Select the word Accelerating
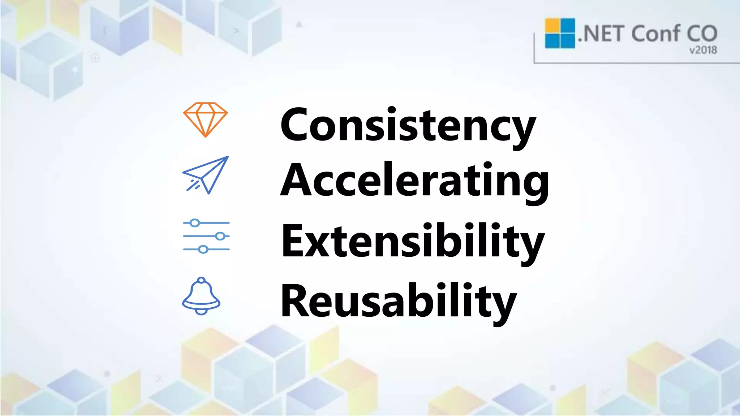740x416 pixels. (x=414, y=181)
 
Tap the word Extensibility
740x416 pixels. (x=413, y=241)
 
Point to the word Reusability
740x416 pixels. (x=398, y=301)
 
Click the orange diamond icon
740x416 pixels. (x=205, y=119)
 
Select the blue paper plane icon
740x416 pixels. (x=206, y=175)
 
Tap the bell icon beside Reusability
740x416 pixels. (x=201, y=296)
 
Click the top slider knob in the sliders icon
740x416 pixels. (x=195, y=223)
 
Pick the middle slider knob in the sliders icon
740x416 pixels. (x=220, y=236)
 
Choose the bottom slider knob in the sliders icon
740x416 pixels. (x=203, y=249)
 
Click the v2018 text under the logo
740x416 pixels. (x=703, y=50)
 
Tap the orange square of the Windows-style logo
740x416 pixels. (x=552, y=25)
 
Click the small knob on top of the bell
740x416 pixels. (x=201, y=280)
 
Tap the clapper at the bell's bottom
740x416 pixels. (x=201, y=311)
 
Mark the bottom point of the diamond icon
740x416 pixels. (x=205, y=136)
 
